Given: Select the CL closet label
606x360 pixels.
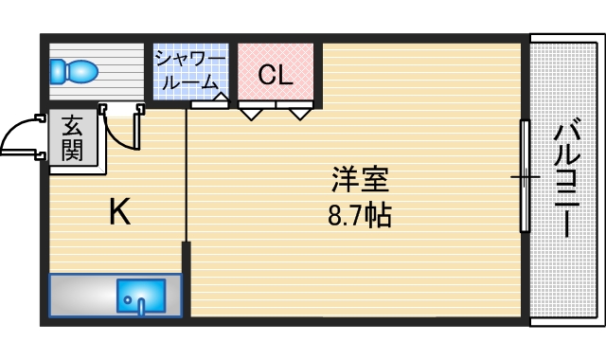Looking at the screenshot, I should point(275,74).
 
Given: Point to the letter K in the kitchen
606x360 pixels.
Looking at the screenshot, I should point(118,212).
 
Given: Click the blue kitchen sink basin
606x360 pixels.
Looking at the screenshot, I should point(141,297).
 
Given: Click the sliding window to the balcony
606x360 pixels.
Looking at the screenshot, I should point(523,176).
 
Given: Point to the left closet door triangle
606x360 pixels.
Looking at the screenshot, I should point(251,114).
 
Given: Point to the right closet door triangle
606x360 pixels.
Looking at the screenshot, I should point(301,114).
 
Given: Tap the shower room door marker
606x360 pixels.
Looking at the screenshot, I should point(220,97).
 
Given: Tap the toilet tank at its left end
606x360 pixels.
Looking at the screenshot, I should point(56,70).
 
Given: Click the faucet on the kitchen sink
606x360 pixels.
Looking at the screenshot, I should point(141,306).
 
